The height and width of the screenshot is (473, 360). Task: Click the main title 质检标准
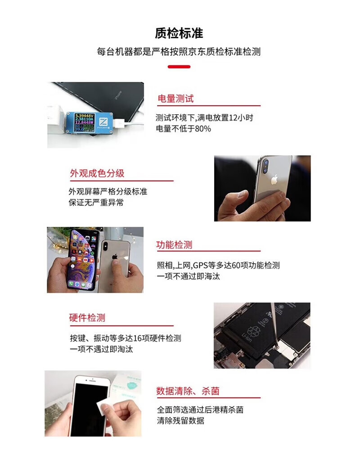(x=179, y=33)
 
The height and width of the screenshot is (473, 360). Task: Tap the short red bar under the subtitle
(x=179, y=67)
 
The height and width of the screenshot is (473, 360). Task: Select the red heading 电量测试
(x=175, y=99)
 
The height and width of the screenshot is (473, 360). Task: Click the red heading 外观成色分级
(x=97, y=173)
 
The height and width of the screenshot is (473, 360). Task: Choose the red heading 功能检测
(x=174, y=245)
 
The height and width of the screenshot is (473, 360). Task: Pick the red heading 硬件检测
(x=87, y=318)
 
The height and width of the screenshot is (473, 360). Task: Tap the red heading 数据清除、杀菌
(x=188, y=391)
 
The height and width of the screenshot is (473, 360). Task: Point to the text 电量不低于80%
(x=183, y=129)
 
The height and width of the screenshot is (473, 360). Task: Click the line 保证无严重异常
(x=96, y=203)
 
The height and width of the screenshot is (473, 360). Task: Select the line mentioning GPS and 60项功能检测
(x=218, y=266)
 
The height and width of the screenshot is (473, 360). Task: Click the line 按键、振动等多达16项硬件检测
(x=125, y=338)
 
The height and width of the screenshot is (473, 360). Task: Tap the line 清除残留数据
(x=180, y=421)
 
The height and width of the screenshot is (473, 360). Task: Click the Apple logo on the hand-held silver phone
(x=274, y=180)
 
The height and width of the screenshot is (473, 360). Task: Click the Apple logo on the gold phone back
(x=115, y=257)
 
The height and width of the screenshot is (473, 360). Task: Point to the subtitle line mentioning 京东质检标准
(x=179, y=52)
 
